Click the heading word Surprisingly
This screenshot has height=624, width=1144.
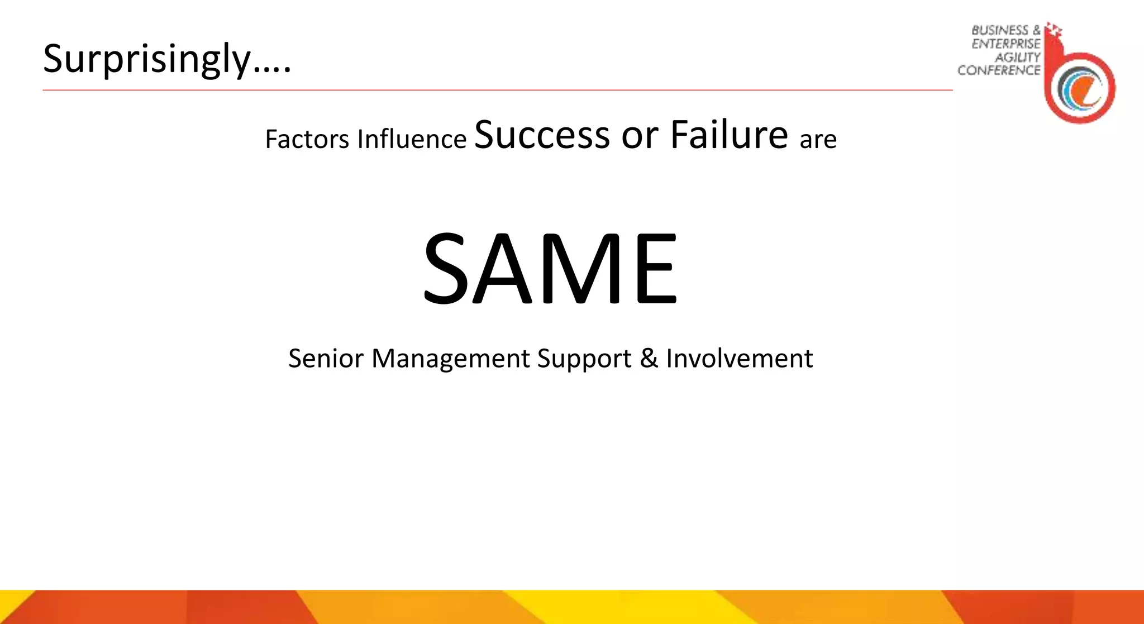tap(146, 59)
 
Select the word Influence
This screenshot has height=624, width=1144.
tap(412, 139)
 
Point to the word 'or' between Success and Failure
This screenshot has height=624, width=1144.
tap(640, 136)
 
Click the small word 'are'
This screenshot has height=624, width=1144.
tap(818, 140)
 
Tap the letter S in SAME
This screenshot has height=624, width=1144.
tap(446, 269)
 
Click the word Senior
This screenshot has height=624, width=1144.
tap(326, 358)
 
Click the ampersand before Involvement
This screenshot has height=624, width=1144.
tap(649, 358)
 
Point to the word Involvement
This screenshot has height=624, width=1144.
tap(739, 358)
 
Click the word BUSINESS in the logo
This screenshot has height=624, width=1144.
tap(999, 30)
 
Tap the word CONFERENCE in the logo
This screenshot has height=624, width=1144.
tap(999, 70)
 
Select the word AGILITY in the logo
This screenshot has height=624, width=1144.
tap(1017, 57)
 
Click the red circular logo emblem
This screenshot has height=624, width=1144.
tap(1080, 88)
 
